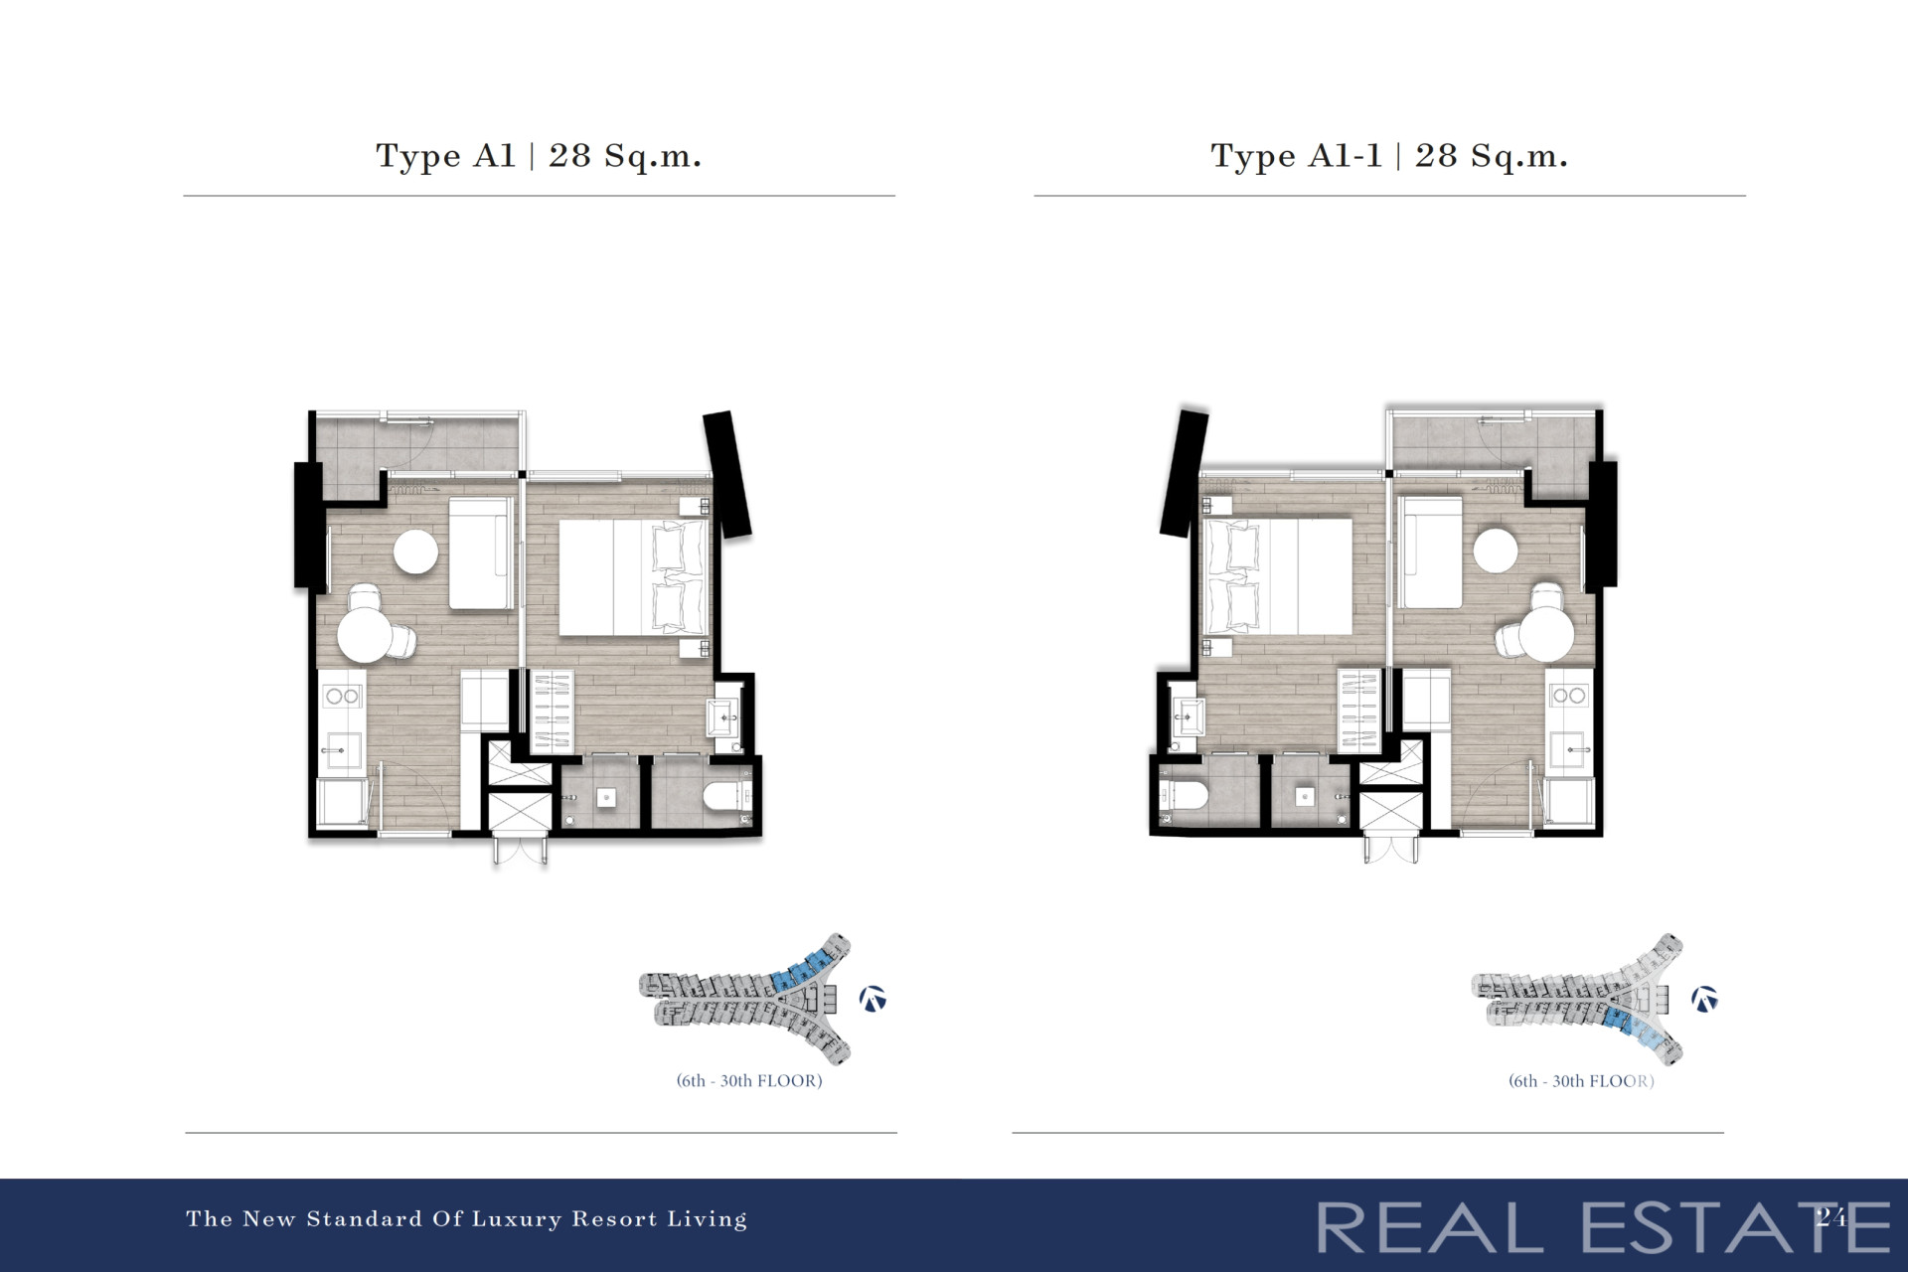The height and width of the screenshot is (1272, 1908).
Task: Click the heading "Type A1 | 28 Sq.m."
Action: [x=539, y=156]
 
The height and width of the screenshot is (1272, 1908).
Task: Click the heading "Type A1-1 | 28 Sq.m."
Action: [x=1389, y=156]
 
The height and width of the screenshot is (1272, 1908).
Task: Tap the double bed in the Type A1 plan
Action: [x=633, y=577]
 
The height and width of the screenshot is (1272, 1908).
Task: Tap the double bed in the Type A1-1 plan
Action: [x=1278, y=576]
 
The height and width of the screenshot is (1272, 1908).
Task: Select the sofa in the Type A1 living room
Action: [x=481, y=553]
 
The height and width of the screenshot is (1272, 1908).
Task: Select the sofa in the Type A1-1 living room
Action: [x=1430, y=553]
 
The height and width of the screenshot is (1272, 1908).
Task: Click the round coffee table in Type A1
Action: [x=415, y=552]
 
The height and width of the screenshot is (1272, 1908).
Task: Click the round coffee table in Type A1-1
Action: [x=1496, y=550]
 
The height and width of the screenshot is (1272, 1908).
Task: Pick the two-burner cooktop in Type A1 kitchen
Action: [x=342, y=696]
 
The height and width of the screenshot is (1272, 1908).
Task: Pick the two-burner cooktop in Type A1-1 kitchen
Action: [x=1569, y=696]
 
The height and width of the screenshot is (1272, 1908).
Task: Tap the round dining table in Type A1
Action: [x=364, y=635]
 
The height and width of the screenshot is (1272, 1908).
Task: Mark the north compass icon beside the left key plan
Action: [x=873, y=999]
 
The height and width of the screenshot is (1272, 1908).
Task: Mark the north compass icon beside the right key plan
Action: [x=1705, y=999]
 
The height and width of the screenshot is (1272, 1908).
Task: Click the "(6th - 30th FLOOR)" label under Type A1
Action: [x=749, y=1081]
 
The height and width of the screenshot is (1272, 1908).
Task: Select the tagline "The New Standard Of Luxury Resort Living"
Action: [x=466, y=1219]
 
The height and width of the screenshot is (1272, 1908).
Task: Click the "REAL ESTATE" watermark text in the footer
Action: [x=1603, y=1227]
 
